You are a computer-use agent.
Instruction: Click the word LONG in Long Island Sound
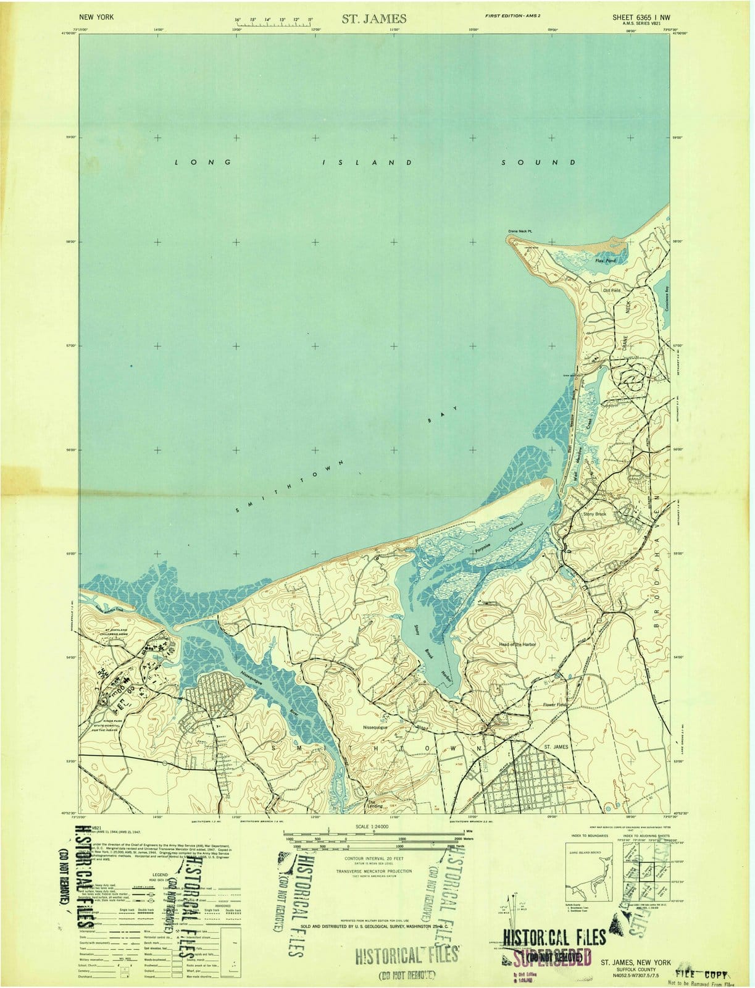point(202,162)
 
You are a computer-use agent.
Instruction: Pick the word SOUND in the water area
point(538,162)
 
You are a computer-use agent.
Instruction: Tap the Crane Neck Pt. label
point(523,232)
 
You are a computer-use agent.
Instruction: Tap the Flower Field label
point(554,705)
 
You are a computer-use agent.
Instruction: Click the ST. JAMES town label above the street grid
point(556,747)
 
